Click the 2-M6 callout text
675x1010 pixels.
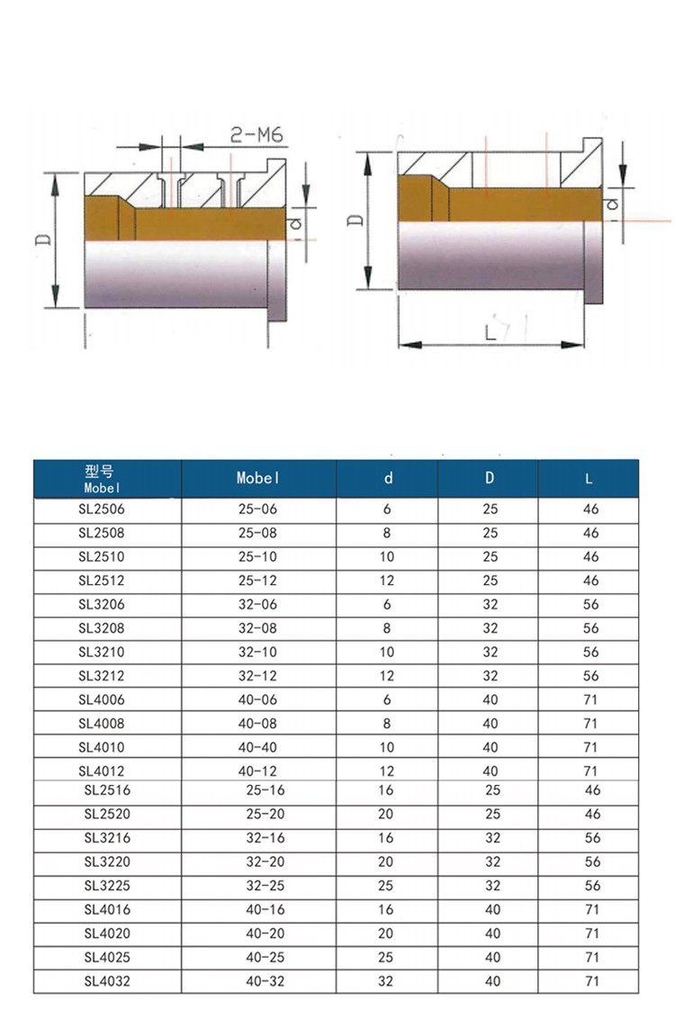tap(257, 135)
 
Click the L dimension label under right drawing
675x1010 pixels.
tap(491, 332)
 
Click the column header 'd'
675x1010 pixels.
tap(389, 479)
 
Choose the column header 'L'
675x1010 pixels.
tap(589, 479)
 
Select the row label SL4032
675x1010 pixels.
tap(107, 981)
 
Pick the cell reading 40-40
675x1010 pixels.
tap(257, 747)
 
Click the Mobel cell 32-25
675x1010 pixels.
tap(265, 886)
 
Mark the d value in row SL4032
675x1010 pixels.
tap(387, 981)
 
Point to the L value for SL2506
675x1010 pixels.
tap(590, 510)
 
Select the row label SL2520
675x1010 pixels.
tap(107, 815)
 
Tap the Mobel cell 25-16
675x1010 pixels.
tap(265, 790)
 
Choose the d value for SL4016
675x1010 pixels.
tap(387, 910)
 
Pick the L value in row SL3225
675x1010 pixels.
tap(592, 886)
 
